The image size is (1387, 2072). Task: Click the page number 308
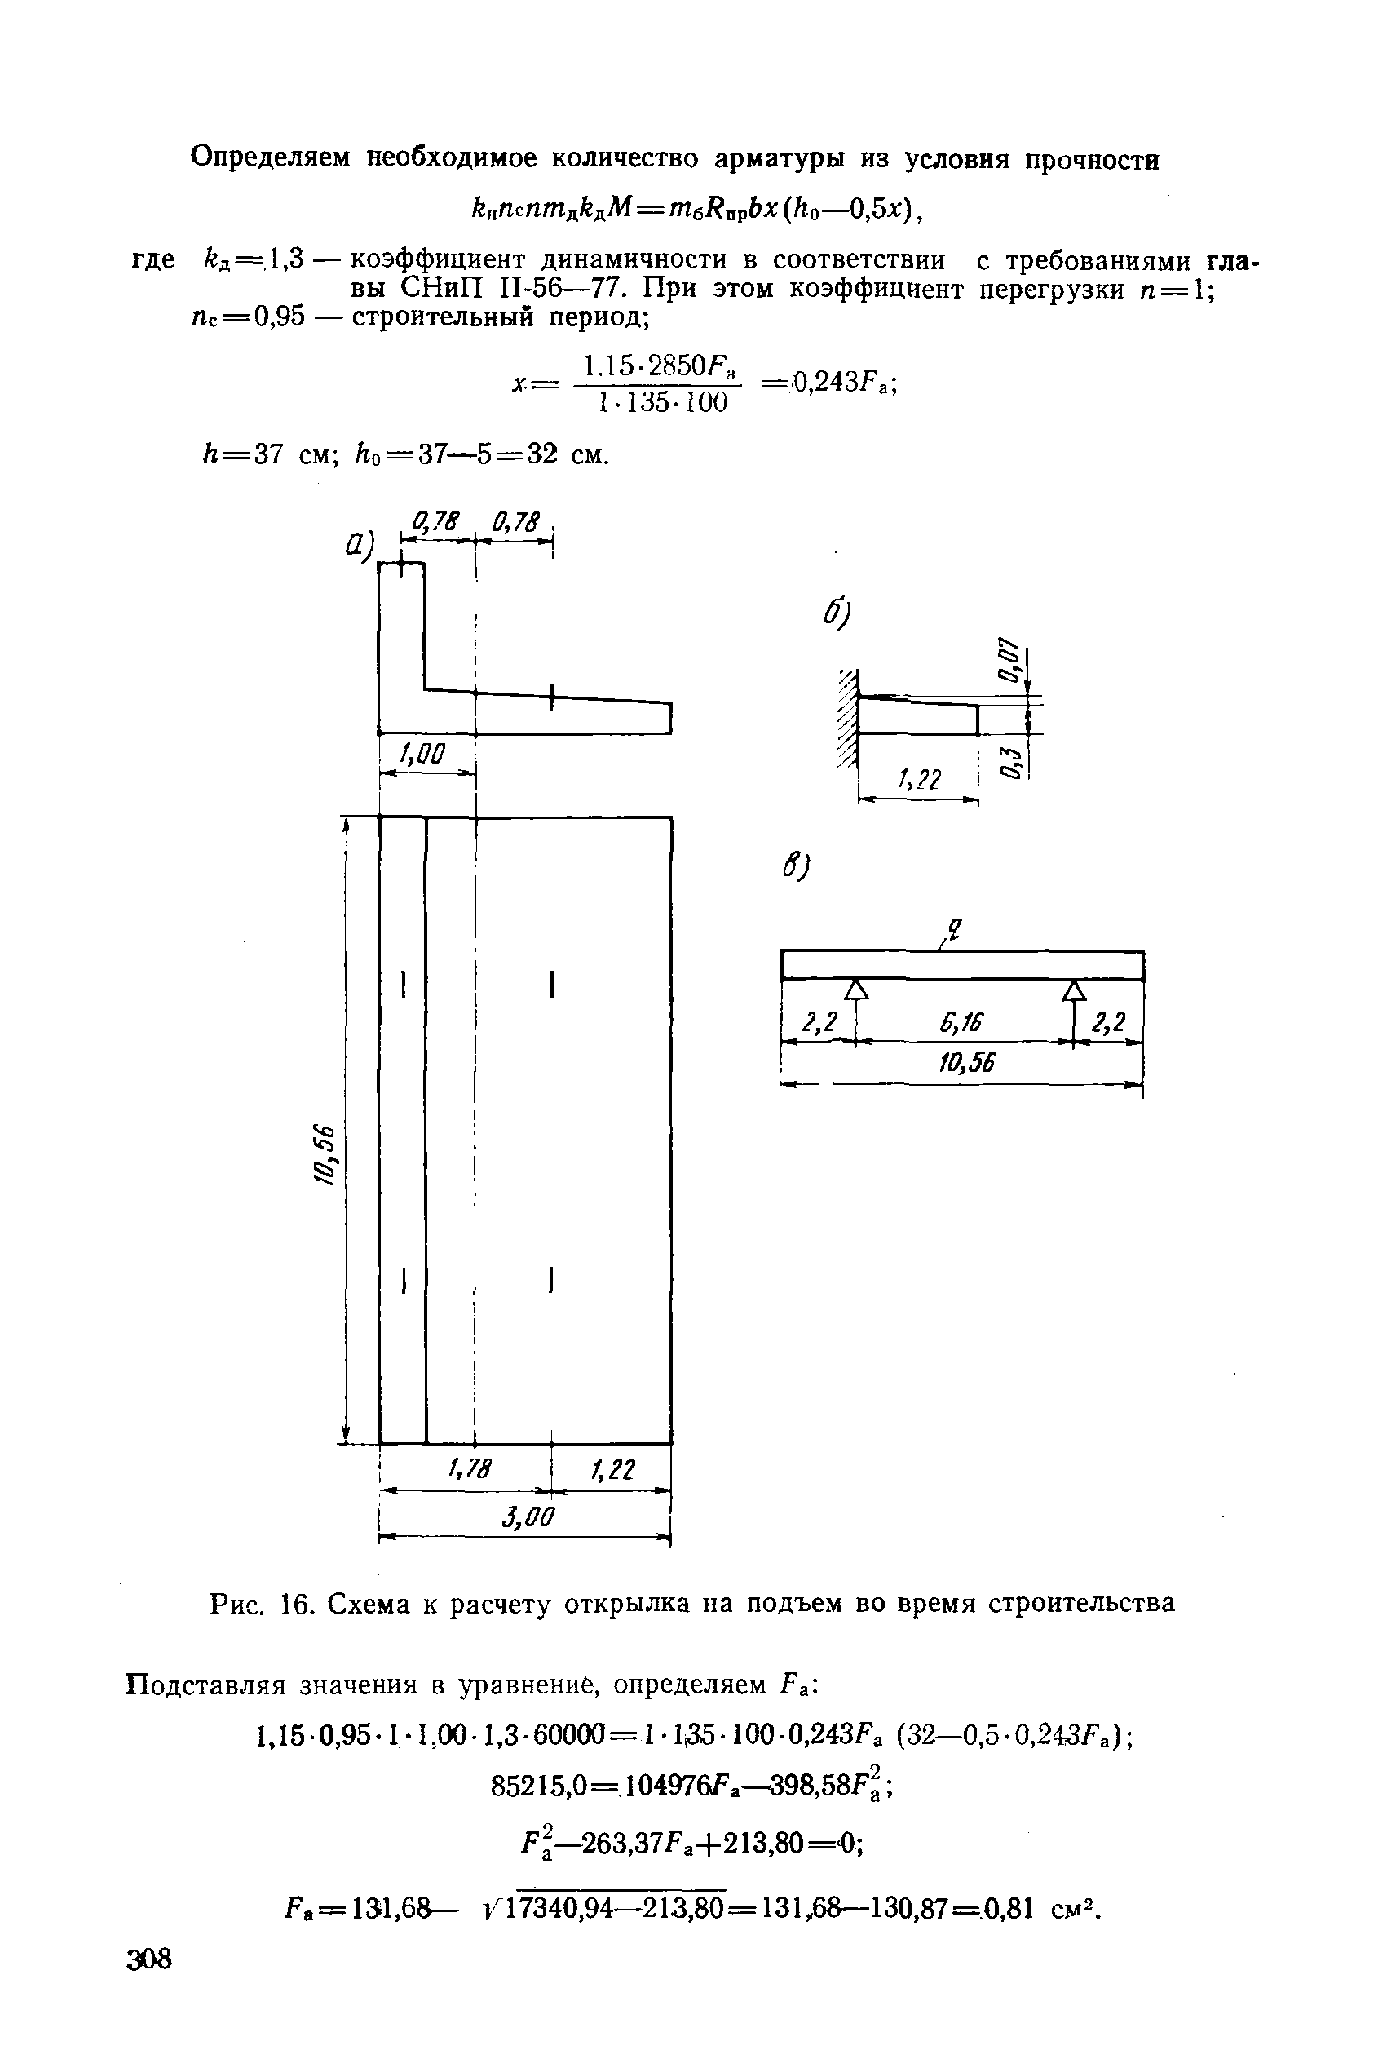click(x=149, y=1959)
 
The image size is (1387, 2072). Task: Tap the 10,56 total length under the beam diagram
click(x=967, y=1063)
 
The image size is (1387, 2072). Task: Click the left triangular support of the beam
click(x=855, y=990)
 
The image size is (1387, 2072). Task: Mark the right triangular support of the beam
click(x=1074, y=990)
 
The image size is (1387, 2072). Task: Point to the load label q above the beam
click(x=953, y=930)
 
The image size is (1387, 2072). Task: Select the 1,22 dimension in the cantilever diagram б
click(x=919, y=778)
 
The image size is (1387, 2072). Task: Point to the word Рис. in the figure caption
click(x=239, y=1603)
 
